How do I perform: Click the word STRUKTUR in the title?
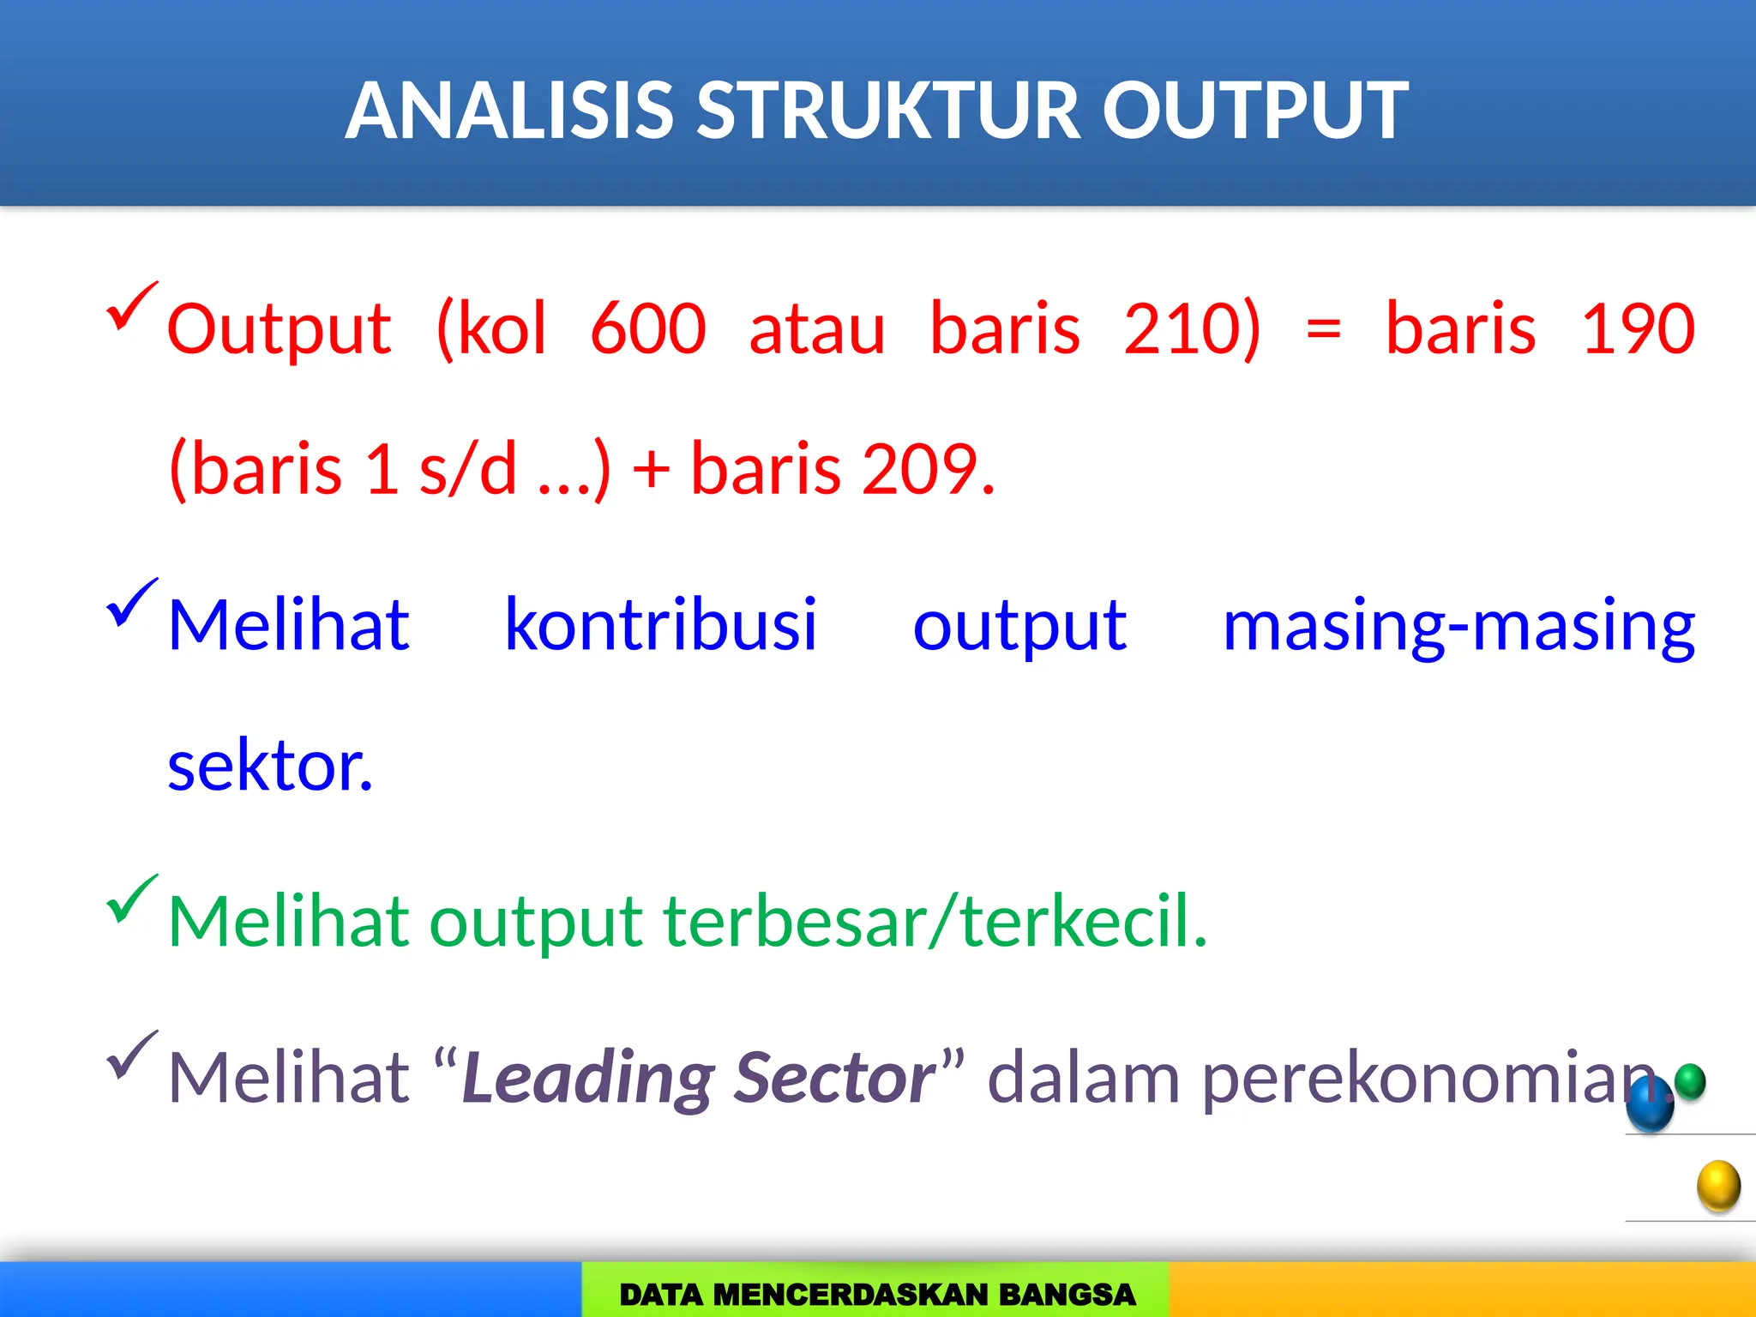point(888,111)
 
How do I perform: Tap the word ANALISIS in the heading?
point(510,111)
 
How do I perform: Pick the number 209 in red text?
point(921,469)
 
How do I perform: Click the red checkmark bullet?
point(131,306)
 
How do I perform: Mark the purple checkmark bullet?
point(131,1055)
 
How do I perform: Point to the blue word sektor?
point(269,766)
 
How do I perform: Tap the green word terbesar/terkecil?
point(935,922)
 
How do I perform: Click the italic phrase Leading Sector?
point(698,1078)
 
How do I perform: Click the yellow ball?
point(1718,1186)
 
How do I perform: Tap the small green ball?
point(1690,1081)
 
